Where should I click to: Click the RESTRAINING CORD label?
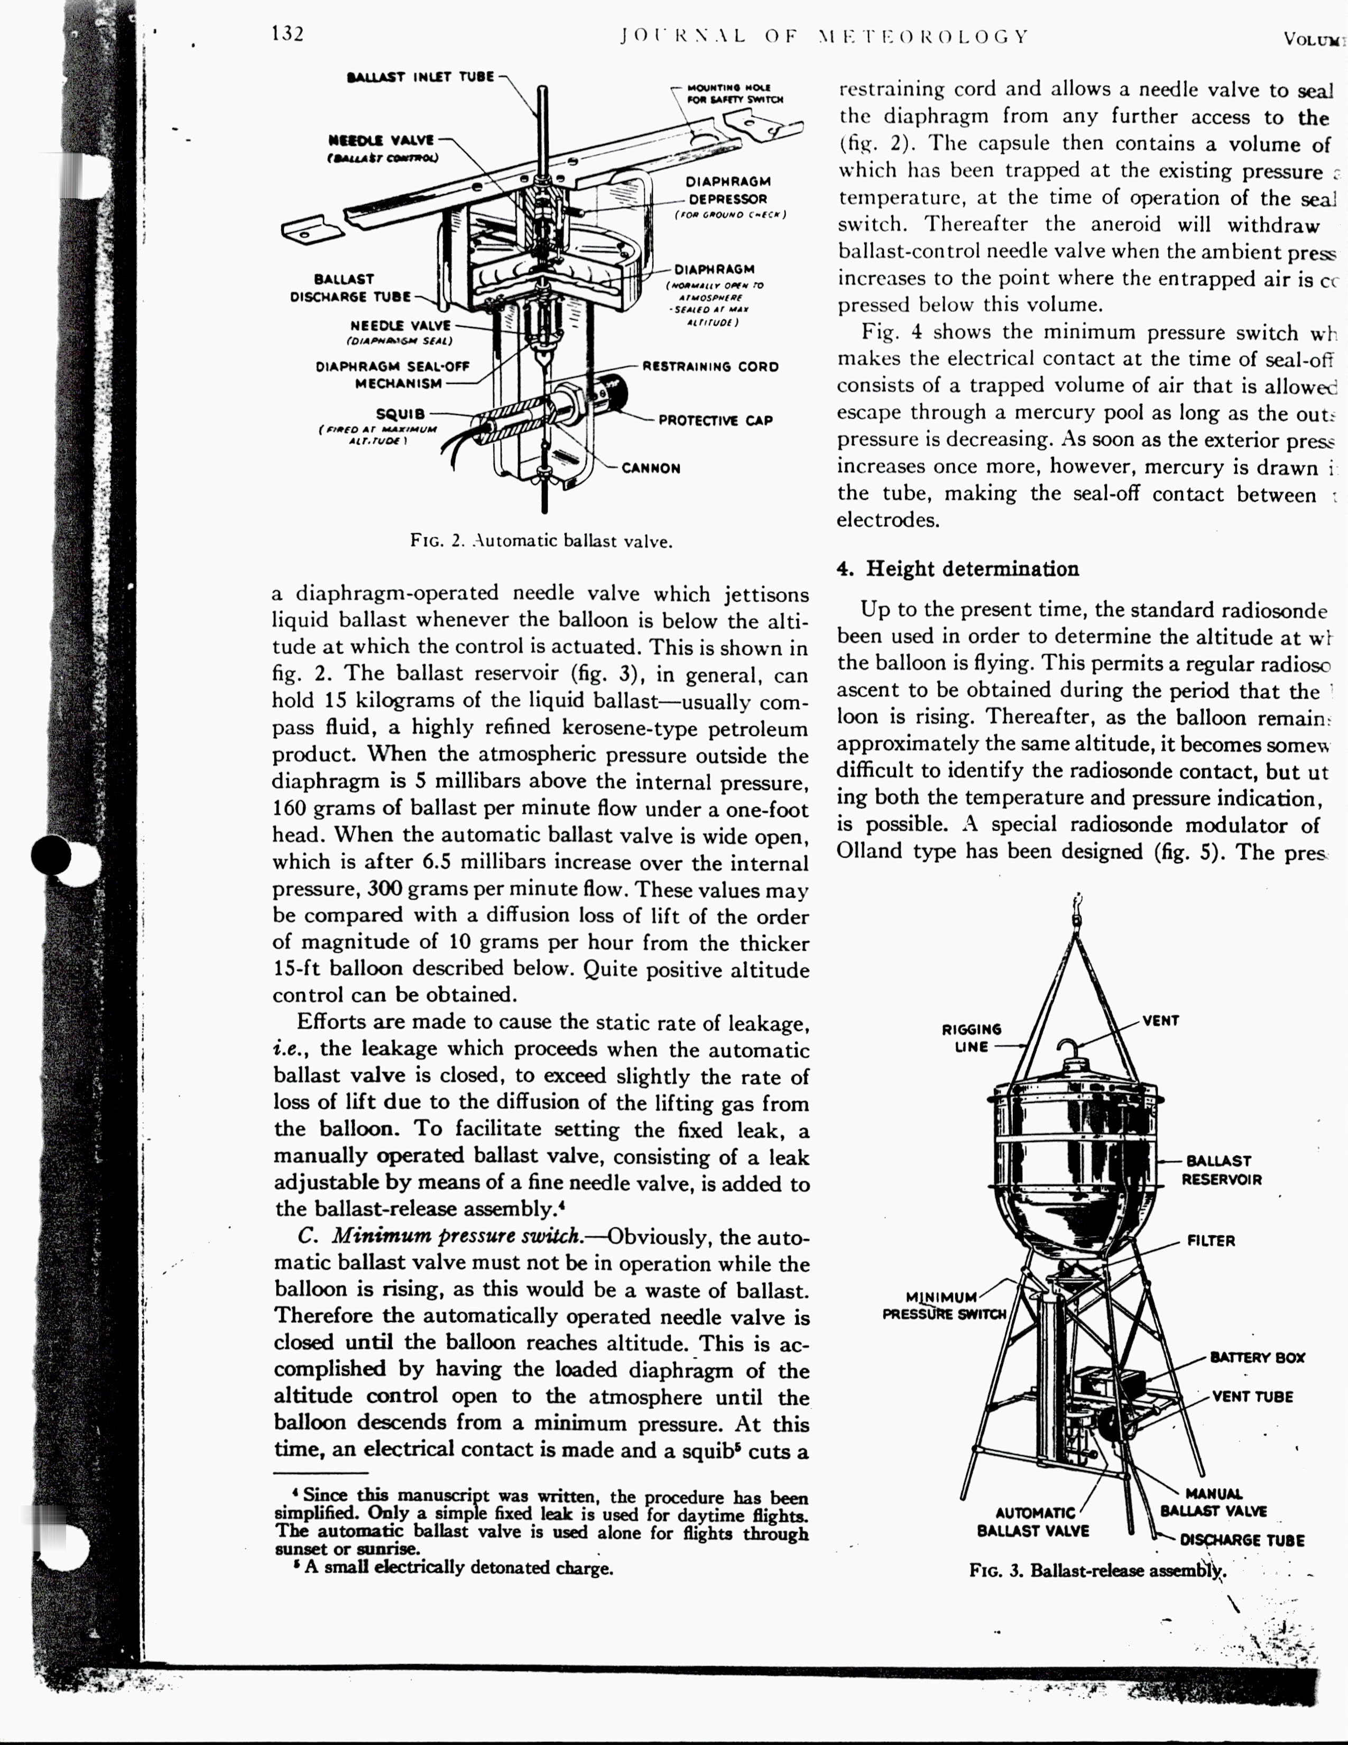(x=710, y=367)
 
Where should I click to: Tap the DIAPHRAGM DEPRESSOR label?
(x=727, y=190)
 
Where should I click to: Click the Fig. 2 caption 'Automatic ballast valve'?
(x=541, y=541)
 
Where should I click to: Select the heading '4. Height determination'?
(x=957, y=569)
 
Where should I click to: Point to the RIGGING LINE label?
(x=971, y=1038)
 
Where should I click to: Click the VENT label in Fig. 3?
(x=1160, y=1021)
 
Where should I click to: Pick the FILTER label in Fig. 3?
(x=1211, y=1241)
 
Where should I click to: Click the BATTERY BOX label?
(x=1257, y=1357)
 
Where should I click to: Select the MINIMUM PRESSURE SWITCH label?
(x=943, y=1306)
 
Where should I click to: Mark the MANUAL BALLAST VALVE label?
(x=1213, y=1502)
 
